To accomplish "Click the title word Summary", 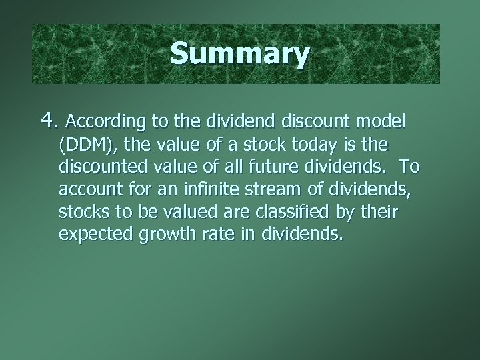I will (x=239, y=55).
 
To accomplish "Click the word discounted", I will (x=101, y=167).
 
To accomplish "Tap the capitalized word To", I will (x=407, y=167).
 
